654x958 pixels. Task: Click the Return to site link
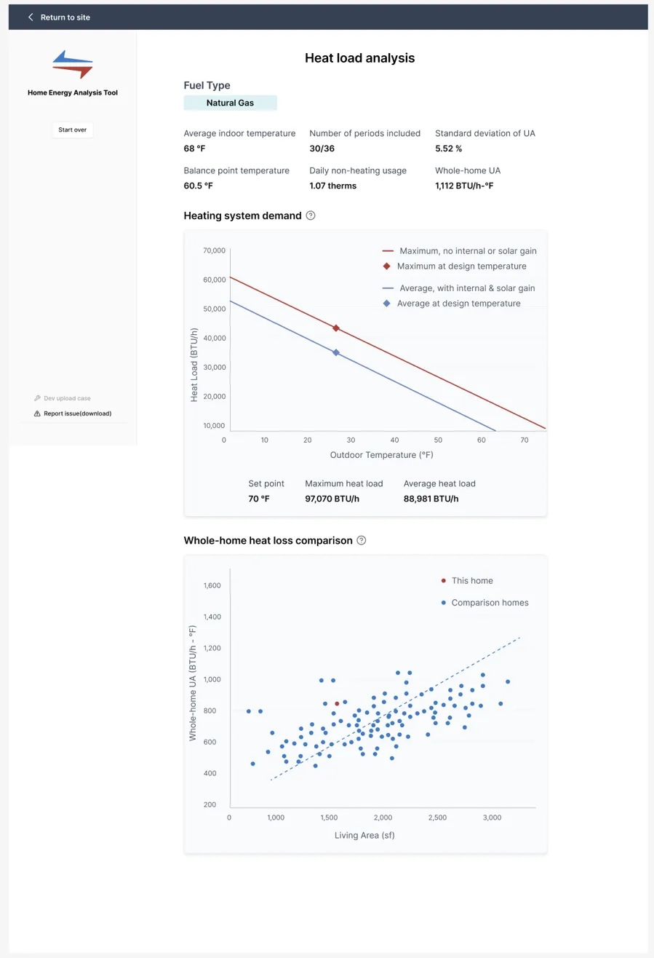[x=59, y=17]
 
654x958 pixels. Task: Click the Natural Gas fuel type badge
[x=230, y=103]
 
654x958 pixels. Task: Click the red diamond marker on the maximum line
[x=336, y=328]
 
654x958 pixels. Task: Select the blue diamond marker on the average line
[x=336, y=352]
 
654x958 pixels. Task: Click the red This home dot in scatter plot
[x=337, y=704]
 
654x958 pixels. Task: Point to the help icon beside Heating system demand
[x=311, y=215]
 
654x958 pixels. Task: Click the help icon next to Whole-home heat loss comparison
[x=362, y=541]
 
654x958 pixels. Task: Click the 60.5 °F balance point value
[x=199, y=186]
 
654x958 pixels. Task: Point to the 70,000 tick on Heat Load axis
[x=215, y=250]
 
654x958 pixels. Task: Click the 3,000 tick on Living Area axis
[x=492, y=818]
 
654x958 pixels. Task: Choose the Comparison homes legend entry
[x=489, y=603]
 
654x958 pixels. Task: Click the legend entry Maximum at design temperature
[x=461, y=266]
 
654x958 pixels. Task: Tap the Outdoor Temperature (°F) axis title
[x=381, y=455]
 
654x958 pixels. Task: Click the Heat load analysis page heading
[x=359, y=58]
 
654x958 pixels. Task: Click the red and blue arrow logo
[x=73, y=65]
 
